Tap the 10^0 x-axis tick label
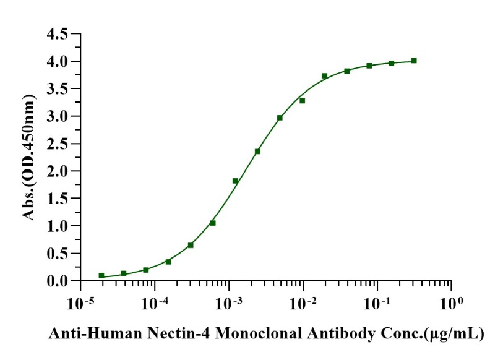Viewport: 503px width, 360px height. tap(452, 305)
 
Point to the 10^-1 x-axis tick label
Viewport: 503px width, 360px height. tap(377, 305)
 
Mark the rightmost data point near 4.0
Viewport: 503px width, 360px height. tap(414, 61)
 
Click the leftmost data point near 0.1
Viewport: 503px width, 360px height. tap(101, 275)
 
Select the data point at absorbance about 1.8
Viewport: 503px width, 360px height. tap(235, 181)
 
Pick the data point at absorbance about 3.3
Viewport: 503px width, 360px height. tap(302, 100)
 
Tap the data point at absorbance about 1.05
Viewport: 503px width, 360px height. tap(213, 223)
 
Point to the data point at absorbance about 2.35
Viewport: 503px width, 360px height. tap(257, 152)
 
